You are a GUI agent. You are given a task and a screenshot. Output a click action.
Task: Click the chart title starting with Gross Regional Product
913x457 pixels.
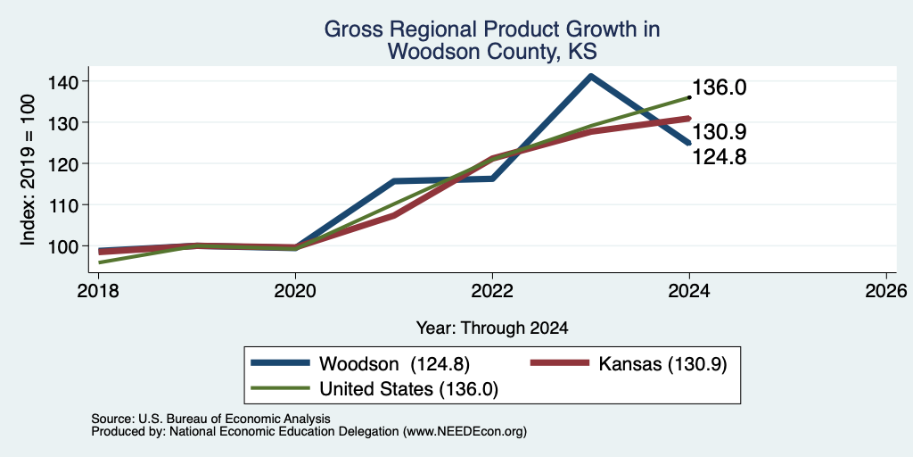(x=492, y=39)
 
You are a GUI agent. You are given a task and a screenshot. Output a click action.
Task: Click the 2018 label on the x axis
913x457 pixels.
(x=98, y=290)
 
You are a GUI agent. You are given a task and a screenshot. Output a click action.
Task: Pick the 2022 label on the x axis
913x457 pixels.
(x=492, y=290)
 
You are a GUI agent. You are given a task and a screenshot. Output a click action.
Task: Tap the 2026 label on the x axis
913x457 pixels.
(x=886, y=290)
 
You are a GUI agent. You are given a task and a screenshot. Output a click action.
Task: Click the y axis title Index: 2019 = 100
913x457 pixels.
(x=28, y=170)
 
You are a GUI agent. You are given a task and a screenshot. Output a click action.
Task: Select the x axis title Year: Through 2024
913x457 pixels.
(x=492, y=328)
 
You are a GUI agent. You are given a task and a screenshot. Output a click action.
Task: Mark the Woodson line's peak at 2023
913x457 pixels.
(x=591, y=75)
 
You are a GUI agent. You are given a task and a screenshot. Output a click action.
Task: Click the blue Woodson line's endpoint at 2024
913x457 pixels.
(x=689, y=143)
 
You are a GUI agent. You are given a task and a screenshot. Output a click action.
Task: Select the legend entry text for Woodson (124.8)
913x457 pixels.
(x=395, y=364)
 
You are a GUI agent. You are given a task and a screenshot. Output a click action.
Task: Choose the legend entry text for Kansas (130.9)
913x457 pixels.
(x=662, y=364)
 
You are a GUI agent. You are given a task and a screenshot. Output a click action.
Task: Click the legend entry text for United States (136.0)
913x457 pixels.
(x=408, y=389)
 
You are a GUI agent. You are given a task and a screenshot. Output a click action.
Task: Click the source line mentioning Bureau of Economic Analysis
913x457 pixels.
(x=210, y=419)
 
